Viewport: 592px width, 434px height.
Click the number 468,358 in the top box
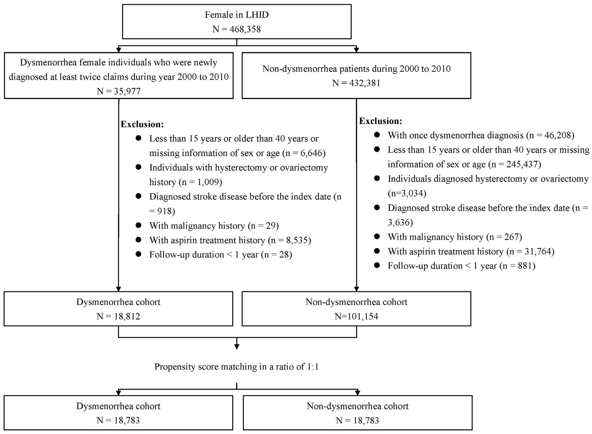[245, 29]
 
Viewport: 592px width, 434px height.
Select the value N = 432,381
[356, 83]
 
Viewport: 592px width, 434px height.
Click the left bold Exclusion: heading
[142, 124]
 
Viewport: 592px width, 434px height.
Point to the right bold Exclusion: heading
[381, 121]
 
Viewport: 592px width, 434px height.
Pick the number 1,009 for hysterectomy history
[208, 182]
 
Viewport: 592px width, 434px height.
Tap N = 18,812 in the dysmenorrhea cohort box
[118, 316]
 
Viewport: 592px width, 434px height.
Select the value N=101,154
[356, 316]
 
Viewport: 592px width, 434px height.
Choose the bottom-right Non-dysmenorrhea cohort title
[357, 406]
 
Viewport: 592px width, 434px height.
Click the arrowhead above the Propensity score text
[237, 347]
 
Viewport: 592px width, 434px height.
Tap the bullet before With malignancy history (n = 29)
[138, 225]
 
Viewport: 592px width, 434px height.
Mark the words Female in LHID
[237, 15]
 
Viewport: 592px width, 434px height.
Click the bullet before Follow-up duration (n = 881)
[377, 265]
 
